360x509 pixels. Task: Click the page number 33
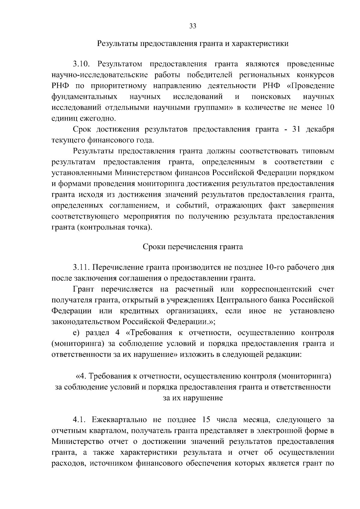[x=193, y=26]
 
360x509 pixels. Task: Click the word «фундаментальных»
[x=84, y=97]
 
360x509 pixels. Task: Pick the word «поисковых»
[x=271, y=97]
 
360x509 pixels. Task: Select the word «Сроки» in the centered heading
[x=154, y=247]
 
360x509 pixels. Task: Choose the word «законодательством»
[x=86, y=322]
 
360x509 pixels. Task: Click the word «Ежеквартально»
[x=120, y=420]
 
